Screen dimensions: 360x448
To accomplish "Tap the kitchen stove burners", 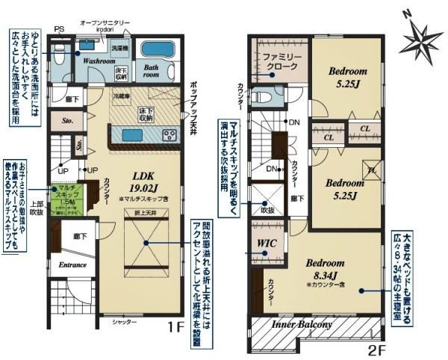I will pos(169,135).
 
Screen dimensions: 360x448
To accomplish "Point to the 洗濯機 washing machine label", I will pos(119,49).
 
